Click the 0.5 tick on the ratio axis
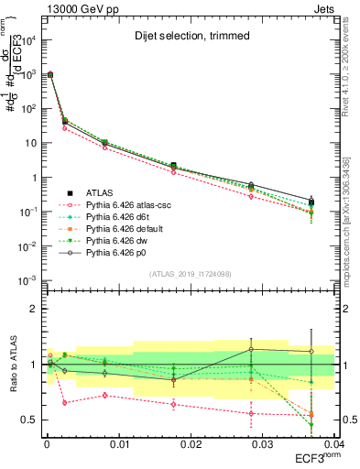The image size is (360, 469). (29, 420)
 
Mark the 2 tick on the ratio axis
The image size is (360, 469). (33, 309)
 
